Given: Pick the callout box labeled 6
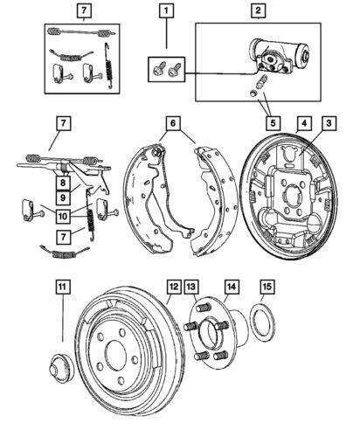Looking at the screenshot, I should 175,125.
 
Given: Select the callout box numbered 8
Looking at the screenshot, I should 65,183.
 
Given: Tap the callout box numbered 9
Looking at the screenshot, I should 65,198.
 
